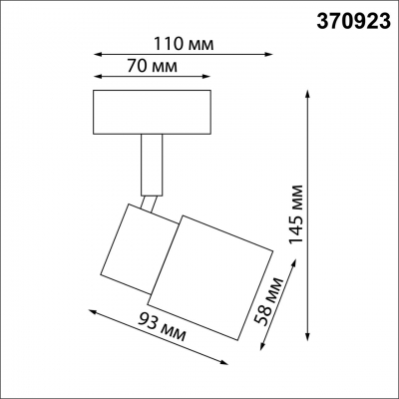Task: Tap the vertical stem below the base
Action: [151, 164]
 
